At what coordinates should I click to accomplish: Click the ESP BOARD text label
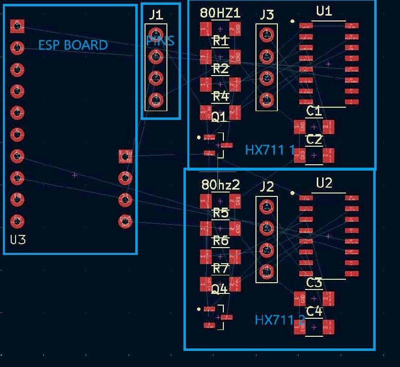click(x=73, y=45)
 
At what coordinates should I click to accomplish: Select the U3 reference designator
click(x=18, y=240)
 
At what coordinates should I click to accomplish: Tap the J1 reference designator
click(x=156, y=15)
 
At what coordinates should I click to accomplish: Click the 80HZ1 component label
click(x=220, y=13)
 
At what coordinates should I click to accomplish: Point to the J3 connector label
click(x=267, y=15)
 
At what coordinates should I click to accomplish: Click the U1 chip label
click(x=324, y=11)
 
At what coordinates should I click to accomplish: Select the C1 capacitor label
click(x=314, y=111)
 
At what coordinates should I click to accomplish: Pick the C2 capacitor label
click(x=314, y=140)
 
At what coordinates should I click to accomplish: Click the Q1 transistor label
click(x=219, y=117)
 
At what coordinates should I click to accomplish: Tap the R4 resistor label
click(x=220, y=97)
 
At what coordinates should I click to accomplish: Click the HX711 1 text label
click(x=270, y=150)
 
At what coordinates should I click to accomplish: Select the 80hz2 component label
click(x=220, y=185)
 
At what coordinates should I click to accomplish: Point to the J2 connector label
click(x=267, y=186)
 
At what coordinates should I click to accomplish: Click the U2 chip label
click(x=324, y=183)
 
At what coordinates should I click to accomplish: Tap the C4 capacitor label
click(x=314, y=311)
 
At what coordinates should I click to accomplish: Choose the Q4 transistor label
click(x=219, y=290)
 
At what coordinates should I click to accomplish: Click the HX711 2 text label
click(x=280, y=320)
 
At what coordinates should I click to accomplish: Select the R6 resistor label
click(x=220, y=241)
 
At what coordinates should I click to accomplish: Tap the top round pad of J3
click(x=266, y=35)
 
